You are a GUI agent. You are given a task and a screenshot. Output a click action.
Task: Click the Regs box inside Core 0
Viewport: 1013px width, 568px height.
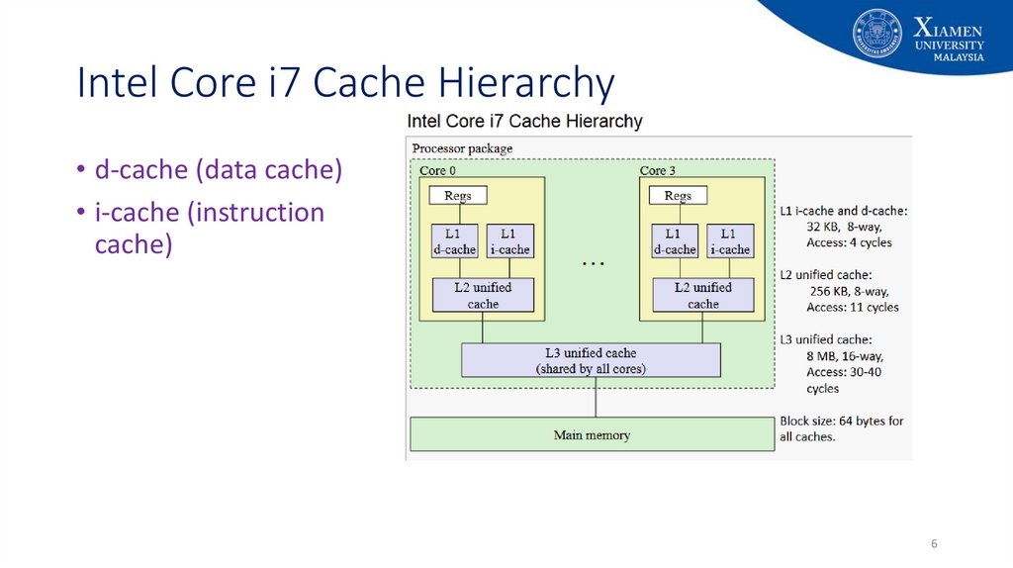coord(458,195)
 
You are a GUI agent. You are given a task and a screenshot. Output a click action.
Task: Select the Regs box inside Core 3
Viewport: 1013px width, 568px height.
coord(678,195)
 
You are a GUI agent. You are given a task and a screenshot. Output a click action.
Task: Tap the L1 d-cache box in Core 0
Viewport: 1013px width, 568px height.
coord(455,241)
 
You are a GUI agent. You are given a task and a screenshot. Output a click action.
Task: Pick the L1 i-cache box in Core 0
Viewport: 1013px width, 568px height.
coord(510,241)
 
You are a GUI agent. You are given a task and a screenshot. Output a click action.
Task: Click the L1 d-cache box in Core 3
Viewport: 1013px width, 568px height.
coord(675,241)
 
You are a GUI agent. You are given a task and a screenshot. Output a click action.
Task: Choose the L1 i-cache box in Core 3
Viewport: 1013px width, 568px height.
coord(731,241)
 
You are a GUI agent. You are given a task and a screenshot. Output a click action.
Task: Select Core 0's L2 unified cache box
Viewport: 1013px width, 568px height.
coord(483,295)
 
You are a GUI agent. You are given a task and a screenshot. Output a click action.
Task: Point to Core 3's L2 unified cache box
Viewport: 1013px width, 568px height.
coord(703,295)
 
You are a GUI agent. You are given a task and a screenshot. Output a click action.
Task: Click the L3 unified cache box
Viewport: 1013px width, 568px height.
coord(592,360)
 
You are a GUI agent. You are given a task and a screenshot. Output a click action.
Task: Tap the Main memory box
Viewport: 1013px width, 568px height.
coord(593,434)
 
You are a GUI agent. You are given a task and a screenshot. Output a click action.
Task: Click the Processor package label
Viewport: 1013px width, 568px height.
coord(463,148)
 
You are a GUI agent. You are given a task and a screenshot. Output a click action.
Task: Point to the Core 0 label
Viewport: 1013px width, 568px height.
coord(438,170)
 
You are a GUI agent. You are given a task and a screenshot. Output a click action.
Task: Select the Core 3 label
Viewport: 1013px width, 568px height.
coord(658,170)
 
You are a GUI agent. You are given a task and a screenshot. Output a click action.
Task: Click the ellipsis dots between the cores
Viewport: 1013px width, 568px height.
coord(594,263)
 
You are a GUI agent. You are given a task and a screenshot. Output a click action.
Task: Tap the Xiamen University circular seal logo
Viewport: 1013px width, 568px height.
coord(876,34)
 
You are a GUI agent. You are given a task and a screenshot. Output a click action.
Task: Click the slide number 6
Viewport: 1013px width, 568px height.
coord(934,544)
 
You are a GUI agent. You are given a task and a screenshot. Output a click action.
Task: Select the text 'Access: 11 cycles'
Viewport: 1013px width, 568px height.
coord(853,308)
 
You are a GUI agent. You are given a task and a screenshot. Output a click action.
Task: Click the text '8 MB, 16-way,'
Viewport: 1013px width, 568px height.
coord(845,356)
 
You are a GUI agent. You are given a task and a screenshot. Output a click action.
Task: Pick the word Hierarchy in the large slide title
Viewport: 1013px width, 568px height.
coord(526,84)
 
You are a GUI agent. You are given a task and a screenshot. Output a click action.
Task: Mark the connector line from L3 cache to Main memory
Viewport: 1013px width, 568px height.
coord(596,398)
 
